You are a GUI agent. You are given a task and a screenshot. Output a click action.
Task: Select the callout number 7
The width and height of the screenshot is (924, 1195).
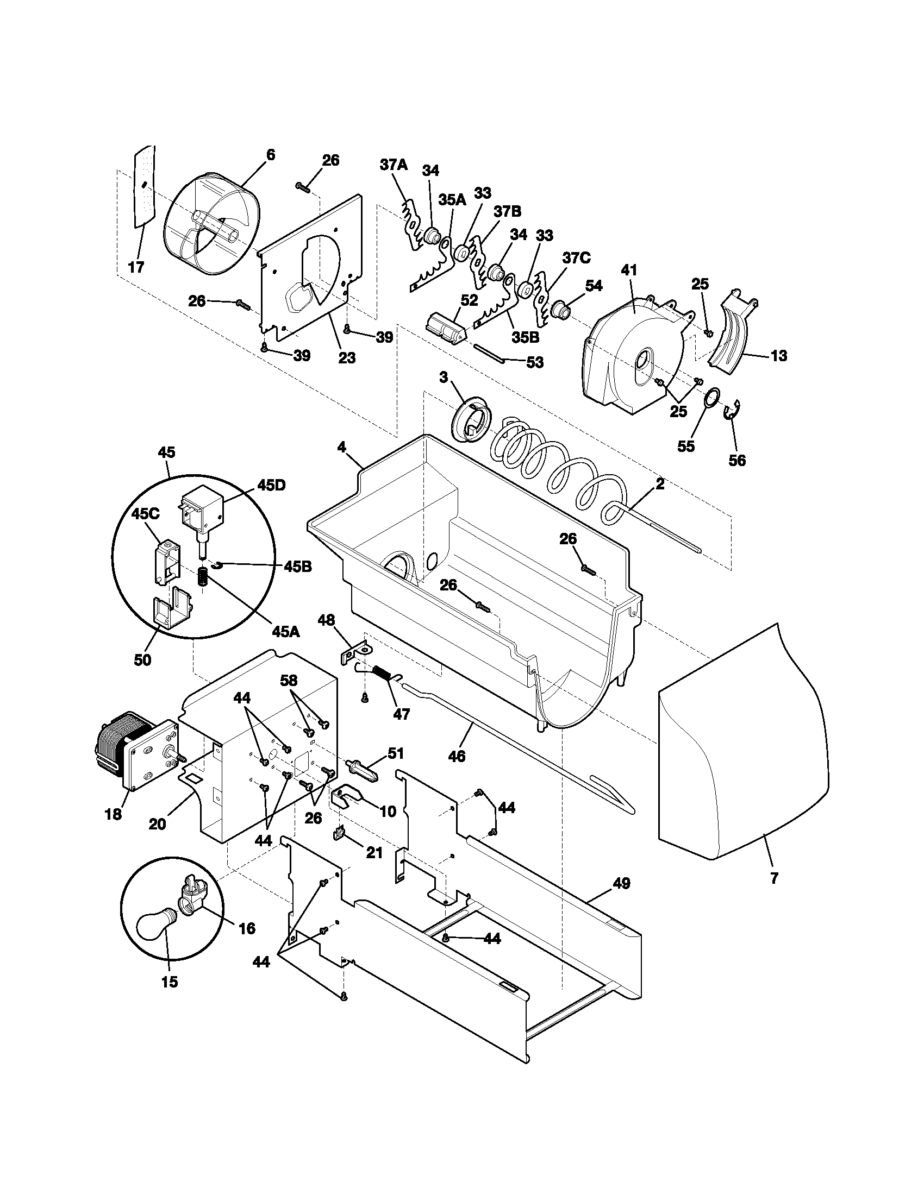tap(773, 879)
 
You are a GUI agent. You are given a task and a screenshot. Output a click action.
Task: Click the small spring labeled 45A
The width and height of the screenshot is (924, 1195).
tap(203, 577)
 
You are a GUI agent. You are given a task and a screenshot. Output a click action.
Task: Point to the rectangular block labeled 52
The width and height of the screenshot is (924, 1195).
tap(446, 327)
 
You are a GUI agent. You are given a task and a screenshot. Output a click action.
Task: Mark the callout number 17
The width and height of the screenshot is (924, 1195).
tap(136, 267)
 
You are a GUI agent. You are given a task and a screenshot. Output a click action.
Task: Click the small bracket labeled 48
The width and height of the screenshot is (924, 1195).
tap(354, 654)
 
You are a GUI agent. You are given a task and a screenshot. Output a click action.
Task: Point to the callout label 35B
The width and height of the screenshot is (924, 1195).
tap(526, 337)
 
